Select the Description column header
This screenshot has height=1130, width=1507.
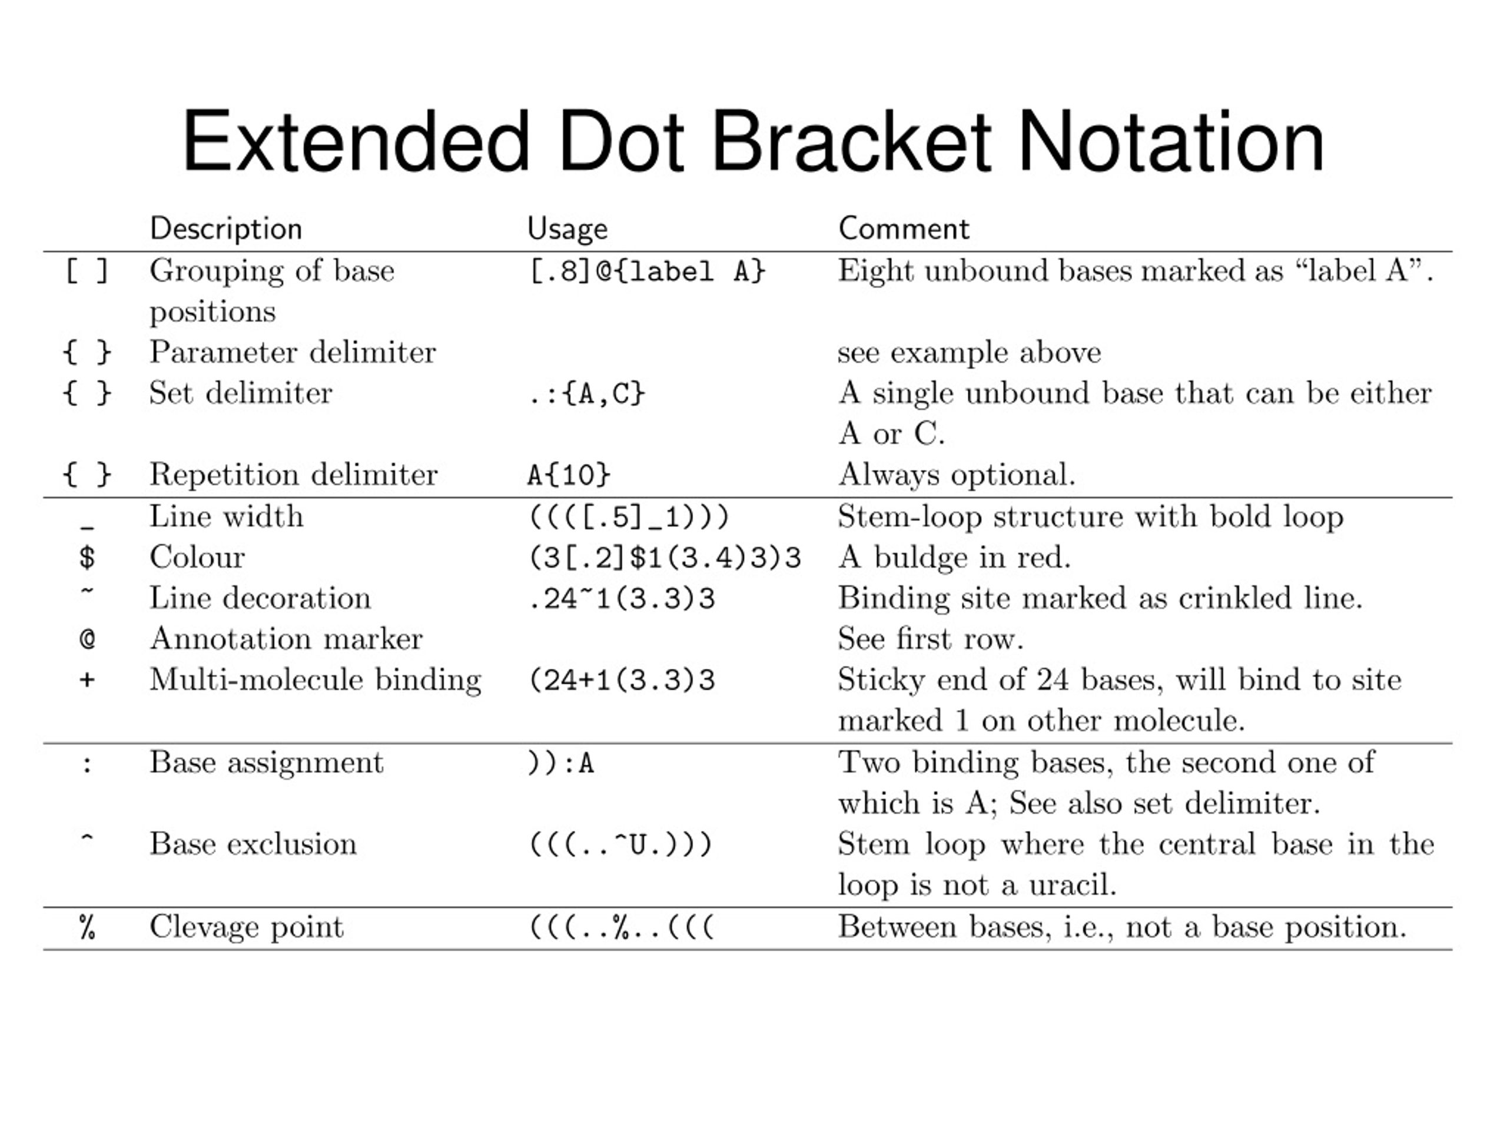(225, 229)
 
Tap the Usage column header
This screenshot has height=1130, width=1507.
(567, 229)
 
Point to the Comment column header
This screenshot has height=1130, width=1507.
(904, 229)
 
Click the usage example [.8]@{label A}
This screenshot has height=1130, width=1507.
(647, 272)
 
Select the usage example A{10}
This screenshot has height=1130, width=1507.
(569, 475)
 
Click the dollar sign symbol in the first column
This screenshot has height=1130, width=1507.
(87, 558)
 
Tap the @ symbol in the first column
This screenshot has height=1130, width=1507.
(87, 639)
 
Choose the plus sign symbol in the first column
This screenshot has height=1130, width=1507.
(87, 680)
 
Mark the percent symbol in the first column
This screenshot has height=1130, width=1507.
(87, 927)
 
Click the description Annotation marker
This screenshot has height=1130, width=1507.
(286, 639)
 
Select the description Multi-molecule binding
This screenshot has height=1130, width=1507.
(316, 680)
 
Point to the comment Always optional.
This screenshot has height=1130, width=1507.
(957, 475)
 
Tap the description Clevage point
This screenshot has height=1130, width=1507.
(247, 927)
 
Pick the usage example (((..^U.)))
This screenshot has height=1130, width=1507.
(620, 844)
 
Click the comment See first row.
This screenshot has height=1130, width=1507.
(931, 639)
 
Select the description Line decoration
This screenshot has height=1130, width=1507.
(260, 598)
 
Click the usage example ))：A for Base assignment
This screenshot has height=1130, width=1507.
(560, 763)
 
